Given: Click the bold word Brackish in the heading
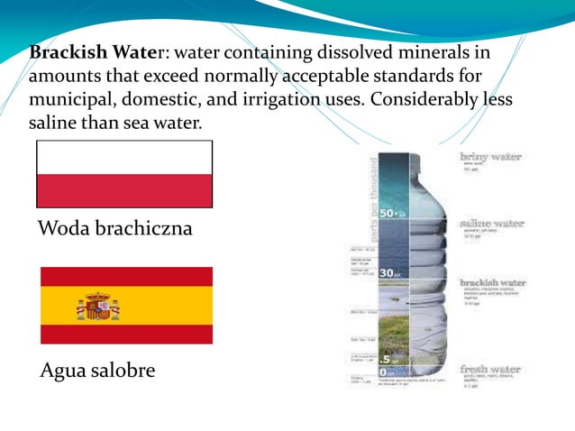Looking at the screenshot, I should (64, 51).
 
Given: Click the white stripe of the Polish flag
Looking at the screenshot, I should (124, 159).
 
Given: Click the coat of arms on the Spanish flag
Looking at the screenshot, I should (97, 306).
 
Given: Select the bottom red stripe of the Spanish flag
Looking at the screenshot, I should (126, 335).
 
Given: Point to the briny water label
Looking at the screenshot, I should (490, 157).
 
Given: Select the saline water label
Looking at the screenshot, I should (492, 222).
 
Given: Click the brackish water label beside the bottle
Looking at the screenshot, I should (492, 282).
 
